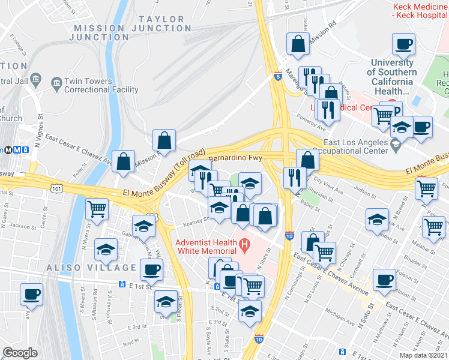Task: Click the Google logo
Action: [x=20, y=353]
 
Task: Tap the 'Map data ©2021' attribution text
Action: [x=424, y=355]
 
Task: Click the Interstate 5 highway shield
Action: [x=277, y=77]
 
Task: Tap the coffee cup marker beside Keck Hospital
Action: [x=403, y=44]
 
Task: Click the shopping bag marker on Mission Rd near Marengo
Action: [x=298, y=43]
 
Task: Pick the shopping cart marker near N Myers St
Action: [x=97, y=209]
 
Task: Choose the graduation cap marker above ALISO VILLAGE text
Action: [x=106, y=250]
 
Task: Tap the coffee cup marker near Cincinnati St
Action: [x=384, y=280]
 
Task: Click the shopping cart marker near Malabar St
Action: [x=433, y=227]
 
